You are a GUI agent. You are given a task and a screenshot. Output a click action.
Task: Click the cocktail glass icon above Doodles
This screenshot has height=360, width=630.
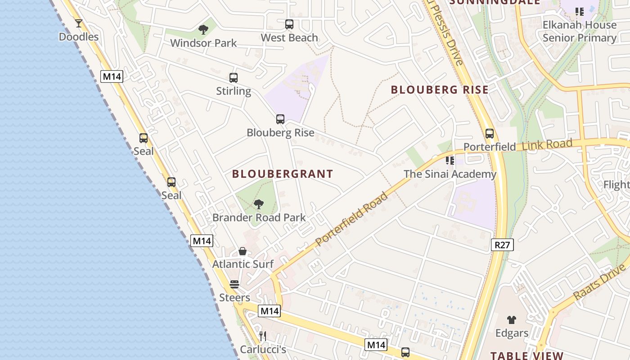click(79, 23)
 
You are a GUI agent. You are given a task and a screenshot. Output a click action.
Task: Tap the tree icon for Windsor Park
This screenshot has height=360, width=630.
click(203, 30)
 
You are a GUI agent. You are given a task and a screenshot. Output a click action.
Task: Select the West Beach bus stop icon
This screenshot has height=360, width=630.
click(289, 24)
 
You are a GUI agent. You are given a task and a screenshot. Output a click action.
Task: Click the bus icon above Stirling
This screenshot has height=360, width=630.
click(234, 78)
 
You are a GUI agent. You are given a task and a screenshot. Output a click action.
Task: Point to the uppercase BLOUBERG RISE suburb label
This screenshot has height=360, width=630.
click(439, 90)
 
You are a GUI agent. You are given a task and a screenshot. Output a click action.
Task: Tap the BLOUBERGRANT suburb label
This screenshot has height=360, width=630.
click(283, 174)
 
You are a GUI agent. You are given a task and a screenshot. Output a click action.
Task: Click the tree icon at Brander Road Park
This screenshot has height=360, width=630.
click(259, 204)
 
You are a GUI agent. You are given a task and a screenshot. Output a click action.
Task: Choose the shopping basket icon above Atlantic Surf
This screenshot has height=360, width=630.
click(243, 251)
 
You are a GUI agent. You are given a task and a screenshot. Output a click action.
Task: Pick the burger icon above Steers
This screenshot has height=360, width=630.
click(234, 284)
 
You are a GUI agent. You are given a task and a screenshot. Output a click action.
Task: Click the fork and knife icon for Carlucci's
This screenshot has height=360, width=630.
click(263, 336)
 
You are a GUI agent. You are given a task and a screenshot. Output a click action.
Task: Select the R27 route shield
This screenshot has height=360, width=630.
click(502, 245)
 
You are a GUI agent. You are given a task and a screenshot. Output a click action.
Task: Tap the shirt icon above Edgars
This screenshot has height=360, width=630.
click(512, 320)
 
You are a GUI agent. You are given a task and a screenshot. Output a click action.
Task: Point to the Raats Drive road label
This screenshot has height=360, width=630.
click(600, 282)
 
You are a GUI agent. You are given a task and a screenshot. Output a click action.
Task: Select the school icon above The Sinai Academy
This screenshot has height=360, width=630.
click(450, 161)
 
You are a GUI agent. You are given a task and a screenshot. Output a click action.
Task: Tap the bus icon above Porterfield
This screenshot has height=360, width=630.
click(490, 134)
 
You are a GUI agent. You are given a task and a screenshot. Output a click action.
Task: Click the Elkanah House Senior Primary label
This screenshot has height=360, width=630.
click(580, 31)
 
